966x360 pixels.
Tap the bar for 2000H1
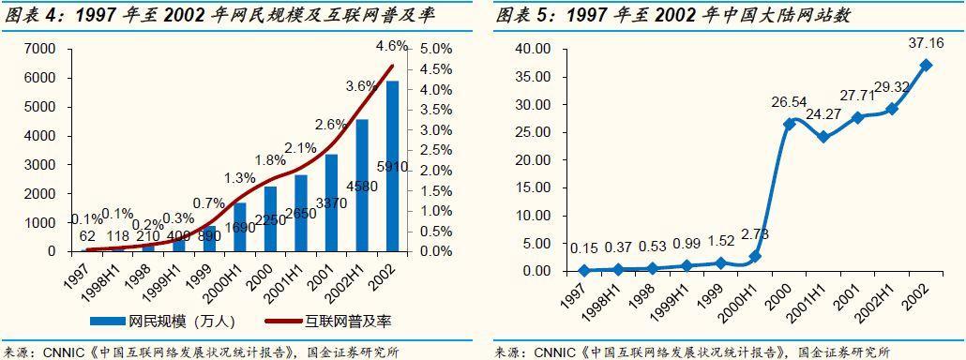click(239, 227)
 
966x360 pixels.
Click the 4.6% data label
click(391, 44)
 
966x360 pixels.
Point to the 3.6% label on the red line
click(362, 86)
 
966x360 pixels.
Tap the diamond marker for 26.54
click(790, 124)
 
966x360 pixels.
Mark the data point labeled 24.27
click(823, 137)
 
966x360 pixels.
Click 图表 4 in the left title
click(28, 15)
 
